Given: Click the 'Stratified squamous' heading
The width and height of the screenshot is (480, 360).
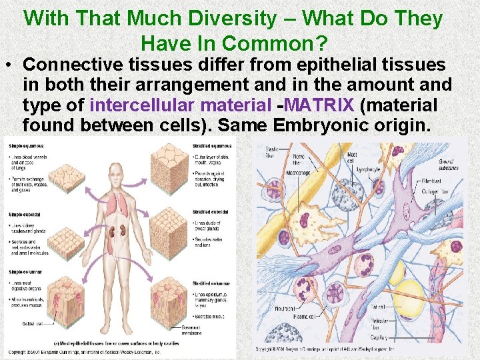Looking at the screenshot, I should [x=211, y=145].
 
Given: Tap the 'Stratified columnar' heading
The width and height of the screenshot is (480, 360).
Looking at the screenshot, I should [x=211, y=283].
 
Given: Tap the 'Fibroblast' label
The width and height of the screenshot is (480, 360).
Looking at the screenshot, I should [x=449, y=179].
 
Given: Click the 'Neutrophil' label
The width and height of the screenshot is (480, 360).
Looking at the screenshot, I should [x=286, y=309].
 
